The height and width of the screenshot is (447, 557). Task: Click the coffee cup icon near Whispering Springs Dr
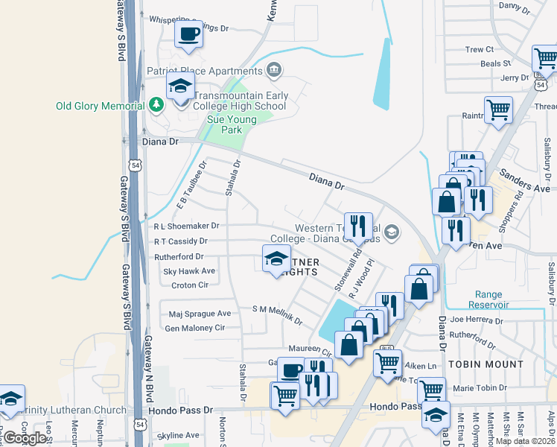pyautogui.click(x=188, y=34)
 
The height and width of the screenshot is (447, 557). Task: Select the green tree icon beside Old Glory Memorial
pyautogui.click(x=156, y=105)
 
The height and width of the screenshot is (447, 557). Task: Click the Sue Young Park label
pyautogui.click(x=225, y=124)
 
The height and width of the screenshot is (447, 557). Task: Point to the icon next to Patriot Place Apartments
pyautogui.click(x=274, y=71)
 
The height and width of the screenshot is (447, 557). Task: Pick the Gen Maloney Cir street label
pyautogui.click(x=194, y=328)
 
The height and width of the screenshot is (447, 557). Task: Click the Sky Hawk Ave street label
pyautogui.click(x=189, y=271)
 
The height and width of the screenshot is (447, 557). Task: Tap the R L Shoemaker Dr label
pyautogui.click(x=186, y=226)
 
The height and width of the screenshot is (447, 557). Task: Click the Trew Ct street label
pyautogui.click(x=479, y=49)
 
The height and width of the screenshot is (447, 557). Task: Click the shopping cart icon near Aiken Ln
pyautogui.click(x=386, y=364)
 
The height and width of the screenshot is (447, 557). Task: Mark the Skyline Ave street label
pyautogui.click(x=178, y=435)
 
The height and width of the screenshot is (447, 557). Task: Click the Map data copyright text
pyautogui.click(x=525, y=441)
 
